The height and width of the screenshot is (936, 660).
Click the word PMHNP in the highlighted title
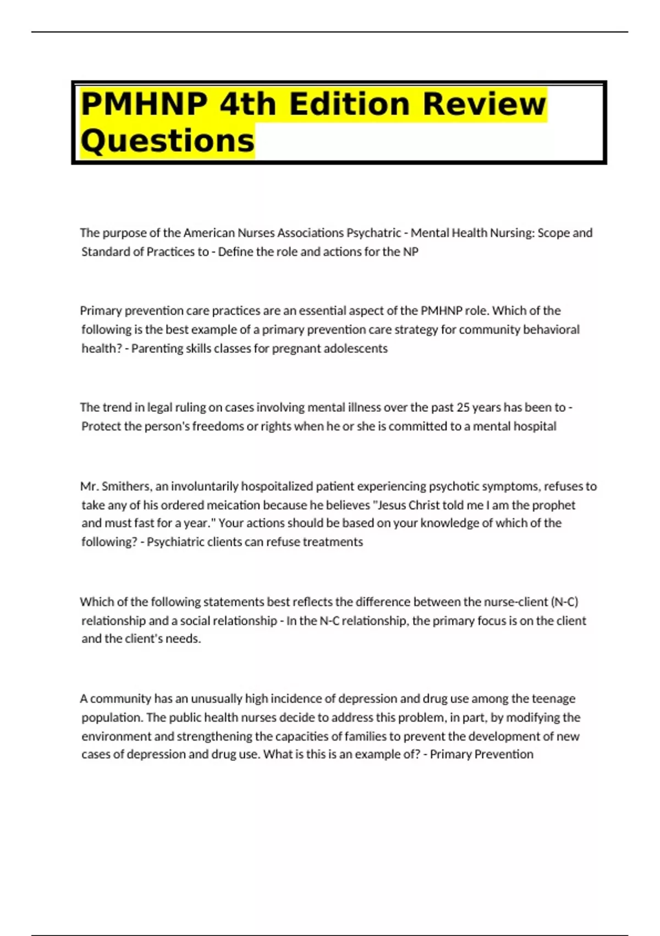(x=145, y=104)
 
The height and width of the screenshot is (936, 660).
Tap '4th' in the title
(x=248, y=104)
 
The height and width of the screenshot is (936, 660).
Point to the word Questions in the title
(x=168, y=141)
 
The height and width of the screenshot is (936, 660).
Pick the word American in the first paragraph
(x=209, y=233)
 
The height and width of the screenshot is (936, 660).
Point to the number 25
(x=463, y=407)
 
